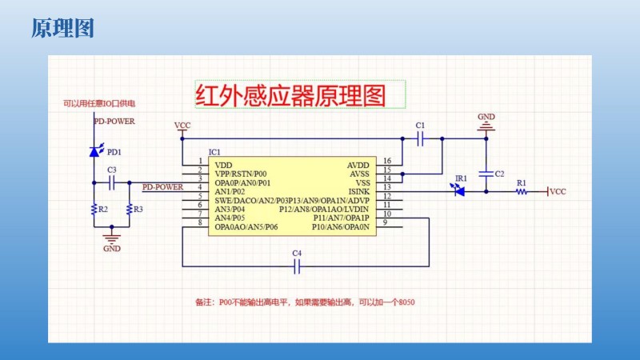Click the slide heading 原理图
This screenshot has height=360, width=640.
click(x=63, y=29)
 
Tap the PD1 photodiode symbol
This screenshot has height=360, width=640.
click(x=94, y=150)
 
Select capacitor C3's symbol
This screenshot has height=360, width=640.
click(x=112, y=183)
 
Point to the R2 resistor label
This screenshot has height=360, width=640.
click(x=102, y=210)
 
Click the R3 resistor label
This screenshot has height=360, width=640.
click(x=138, y=210)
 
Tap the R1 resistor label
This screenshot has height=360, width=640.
click(x=521, y=183)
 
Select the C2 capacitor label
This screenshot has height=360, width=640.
click(x=499, y=174)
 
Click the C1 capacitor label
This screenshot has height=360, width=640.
click(x=421, y=126)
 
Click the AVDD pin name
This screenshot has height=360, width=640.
click(x=358, y=165)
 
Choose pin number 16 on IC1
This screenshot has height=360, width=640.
click(x=387, y=161)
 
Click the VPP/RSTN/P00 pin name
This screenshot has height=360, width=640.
click(x=241, y=174)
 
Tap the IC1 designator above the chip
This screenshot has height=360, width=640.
click(x=214, y=152)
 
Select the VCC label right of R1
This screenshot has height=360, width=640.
click(x=558, y=192)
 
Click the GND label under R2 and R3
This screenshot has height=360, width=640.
click(x=112, y=249)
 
